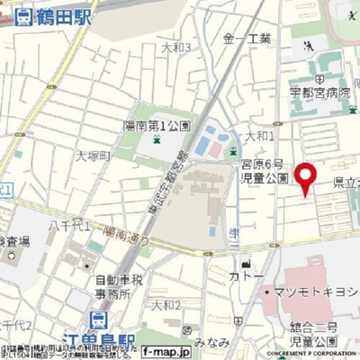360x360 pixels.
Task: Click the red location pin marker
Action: coord(306,176)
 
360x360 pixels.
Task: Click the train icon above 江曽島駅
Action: coord(98,319)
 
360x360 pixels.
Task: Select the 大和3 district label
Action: coord(175,47)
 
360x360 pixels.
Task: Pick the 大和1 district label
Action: coord(260,135)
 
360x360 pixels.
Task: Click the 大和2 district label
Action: coord(166,305)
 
